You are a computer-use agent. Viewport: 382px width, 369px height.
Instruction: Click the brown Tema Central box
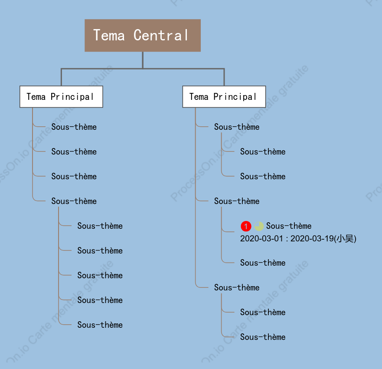[x=143, y=35]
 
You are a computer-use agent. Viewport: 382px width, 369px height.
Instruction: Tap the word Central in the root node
[x=161, y=35]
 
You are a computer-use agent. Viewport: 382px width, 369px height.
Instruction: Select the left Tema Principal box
[x=61, y=96]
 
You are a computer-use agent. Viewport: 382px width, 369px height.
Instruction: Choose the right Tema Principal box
[x=224, y=96]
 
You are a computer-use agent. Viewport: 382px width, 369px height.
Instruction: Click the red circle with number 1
[x=246, y=226]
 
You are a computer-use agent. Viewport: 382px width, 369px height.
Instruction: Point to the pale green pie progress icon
[x=259, y=226]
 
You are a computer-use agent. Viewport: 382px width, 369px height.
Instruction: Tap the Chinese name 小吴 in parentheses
[x=345, y=238]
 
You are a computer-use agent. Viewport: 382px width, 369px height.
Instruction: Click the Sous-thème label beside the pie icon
[x=289, y=226]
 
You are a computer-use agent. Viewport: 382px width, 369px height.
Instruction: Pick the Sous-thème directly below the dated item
[x=263, y=263]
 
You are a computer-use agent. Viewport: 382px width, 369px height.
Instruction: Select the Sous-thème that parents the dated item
[x=237, y=201]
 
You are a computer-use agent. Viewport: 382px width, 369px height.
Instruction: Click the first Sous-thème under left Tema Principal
[x=74, y=127]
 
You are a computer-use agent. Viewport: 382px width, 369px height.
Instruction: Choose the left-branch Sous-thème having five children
[x=74, y=201]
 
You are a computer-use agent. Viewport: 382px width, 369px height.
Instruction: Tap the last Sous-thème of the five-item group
[x=100, y=325]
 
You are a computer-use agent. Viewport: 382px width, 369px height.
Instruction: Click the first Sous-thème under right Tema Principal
[x=237, y=127]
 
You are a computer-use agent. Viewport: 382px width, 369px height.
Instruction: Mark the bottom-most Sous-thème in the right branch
[x=263, y=337]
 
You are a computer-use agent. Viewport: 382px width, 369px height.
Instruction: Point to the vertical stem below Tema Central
[x=143, y=60]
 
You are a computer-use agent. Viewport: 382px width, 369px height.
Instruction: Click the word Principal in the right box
[x=235, y=97]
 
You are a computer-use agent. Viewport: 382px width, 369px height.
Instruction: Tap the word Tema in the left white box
[x=36, y=96]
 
